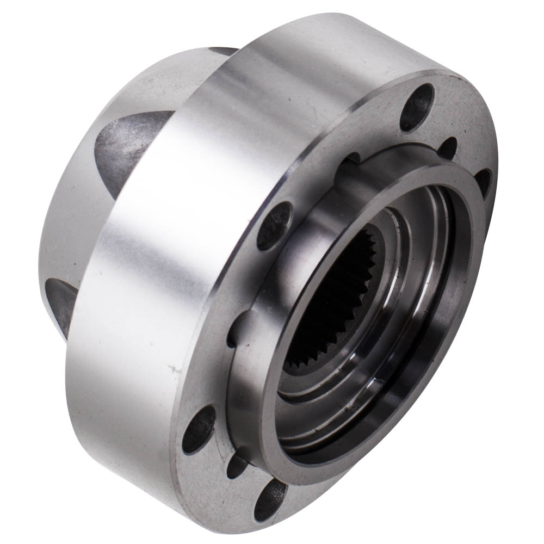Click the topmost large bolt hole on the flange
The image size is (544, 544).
click(x=418, y=107)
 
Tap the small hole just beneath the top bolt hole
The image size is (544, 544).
click(x=447, y=148)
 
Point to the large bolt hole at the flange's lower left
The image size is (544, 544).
click(x=199, y=430)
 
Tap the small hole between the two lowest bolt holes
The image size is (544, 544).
click(x=238, y=467)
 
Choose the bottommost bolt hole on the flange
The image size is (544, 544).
click(x=270, y=499)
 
